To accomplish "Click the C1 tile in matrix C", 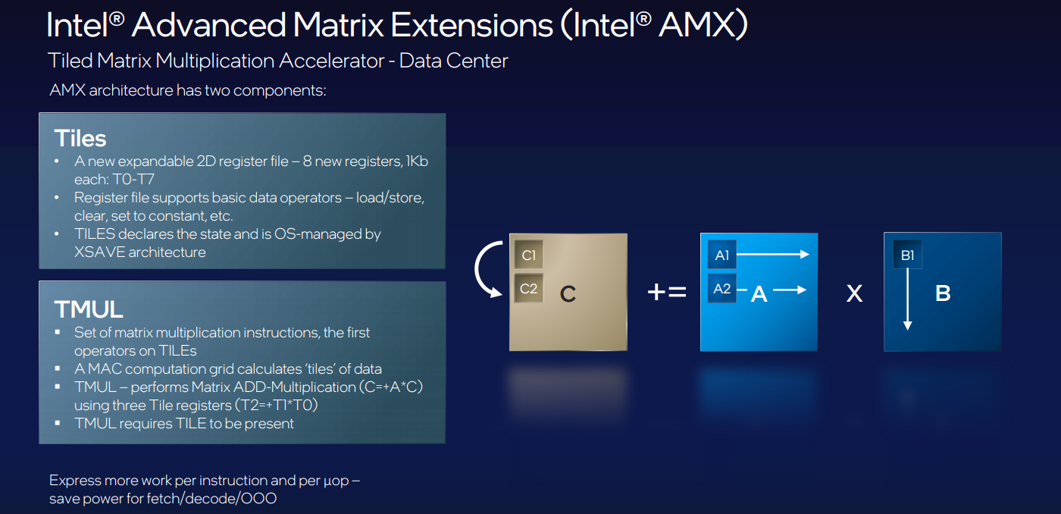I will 528,255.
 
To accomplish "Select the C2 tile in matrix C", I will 528,288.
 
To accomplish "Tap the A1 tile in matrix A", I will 721,255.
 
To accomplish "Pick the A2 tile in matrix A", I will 721,288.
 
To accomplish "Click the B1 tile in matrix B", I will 907,255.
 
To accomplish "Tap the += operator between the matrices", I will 667,292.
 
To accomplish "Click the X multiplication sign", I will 854,293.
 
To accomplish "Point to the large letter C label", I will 568,293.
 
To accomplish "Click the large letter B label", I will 943,293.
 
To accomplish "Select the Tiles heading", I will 80,139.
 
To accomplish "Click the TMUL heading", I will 89,309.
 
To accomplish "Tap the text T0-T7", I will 139,180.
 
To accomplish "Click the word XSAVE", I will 100,252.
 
